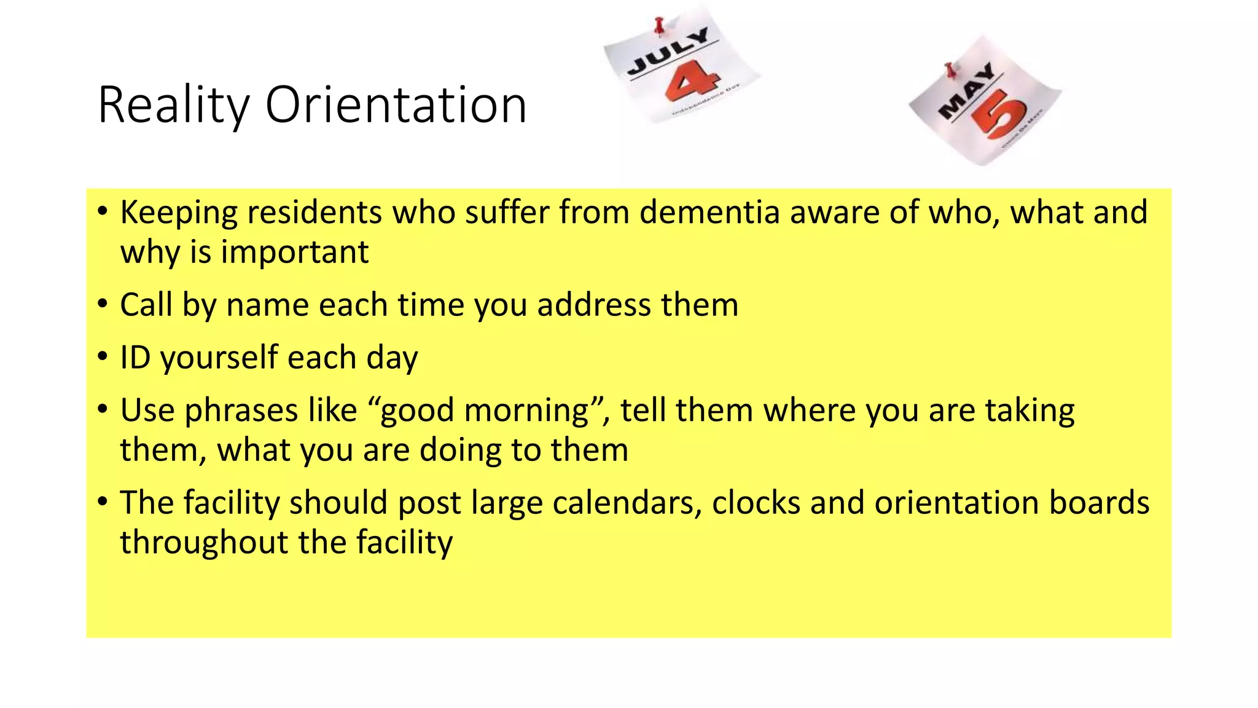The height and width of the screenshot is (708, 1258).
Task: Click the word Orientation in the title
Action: pyautogui.click(x=396, y=104)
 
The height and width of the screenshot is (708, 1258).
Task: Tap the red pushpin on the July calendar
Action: pyautogui.click(x=660, y=25)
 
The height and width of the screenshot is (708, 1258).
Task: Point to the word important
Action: pyautogui.click(x=294, y=252)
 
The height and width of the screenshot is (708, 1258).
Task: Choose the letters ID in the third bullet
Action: pyautogui.click(x=135, y=358)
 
